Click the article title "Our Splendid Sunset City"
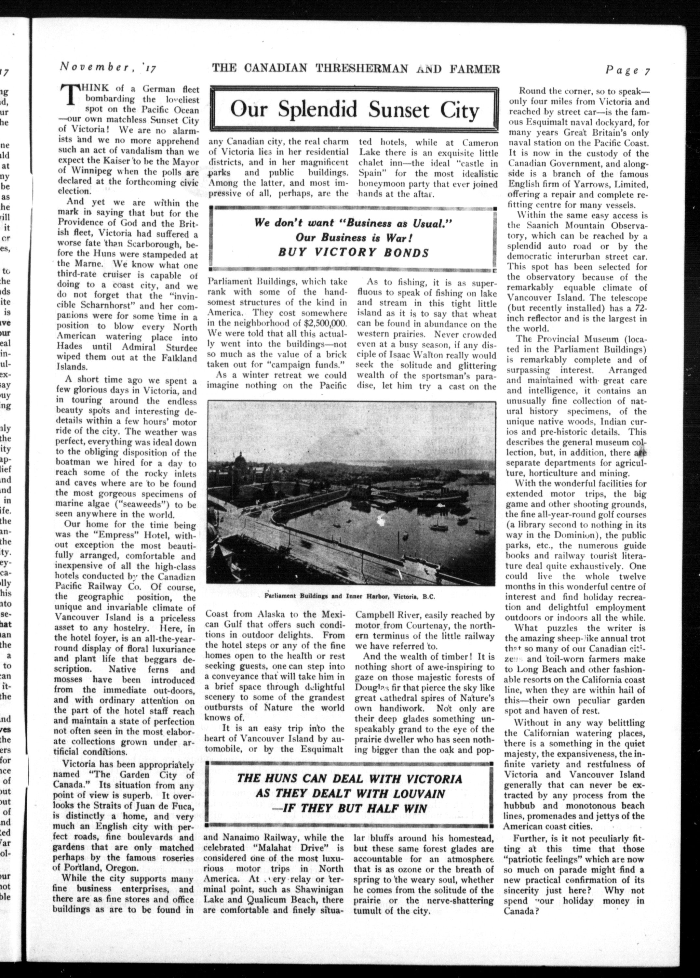[354, 110]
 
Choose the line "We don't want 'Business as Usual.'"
[353, 223]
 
